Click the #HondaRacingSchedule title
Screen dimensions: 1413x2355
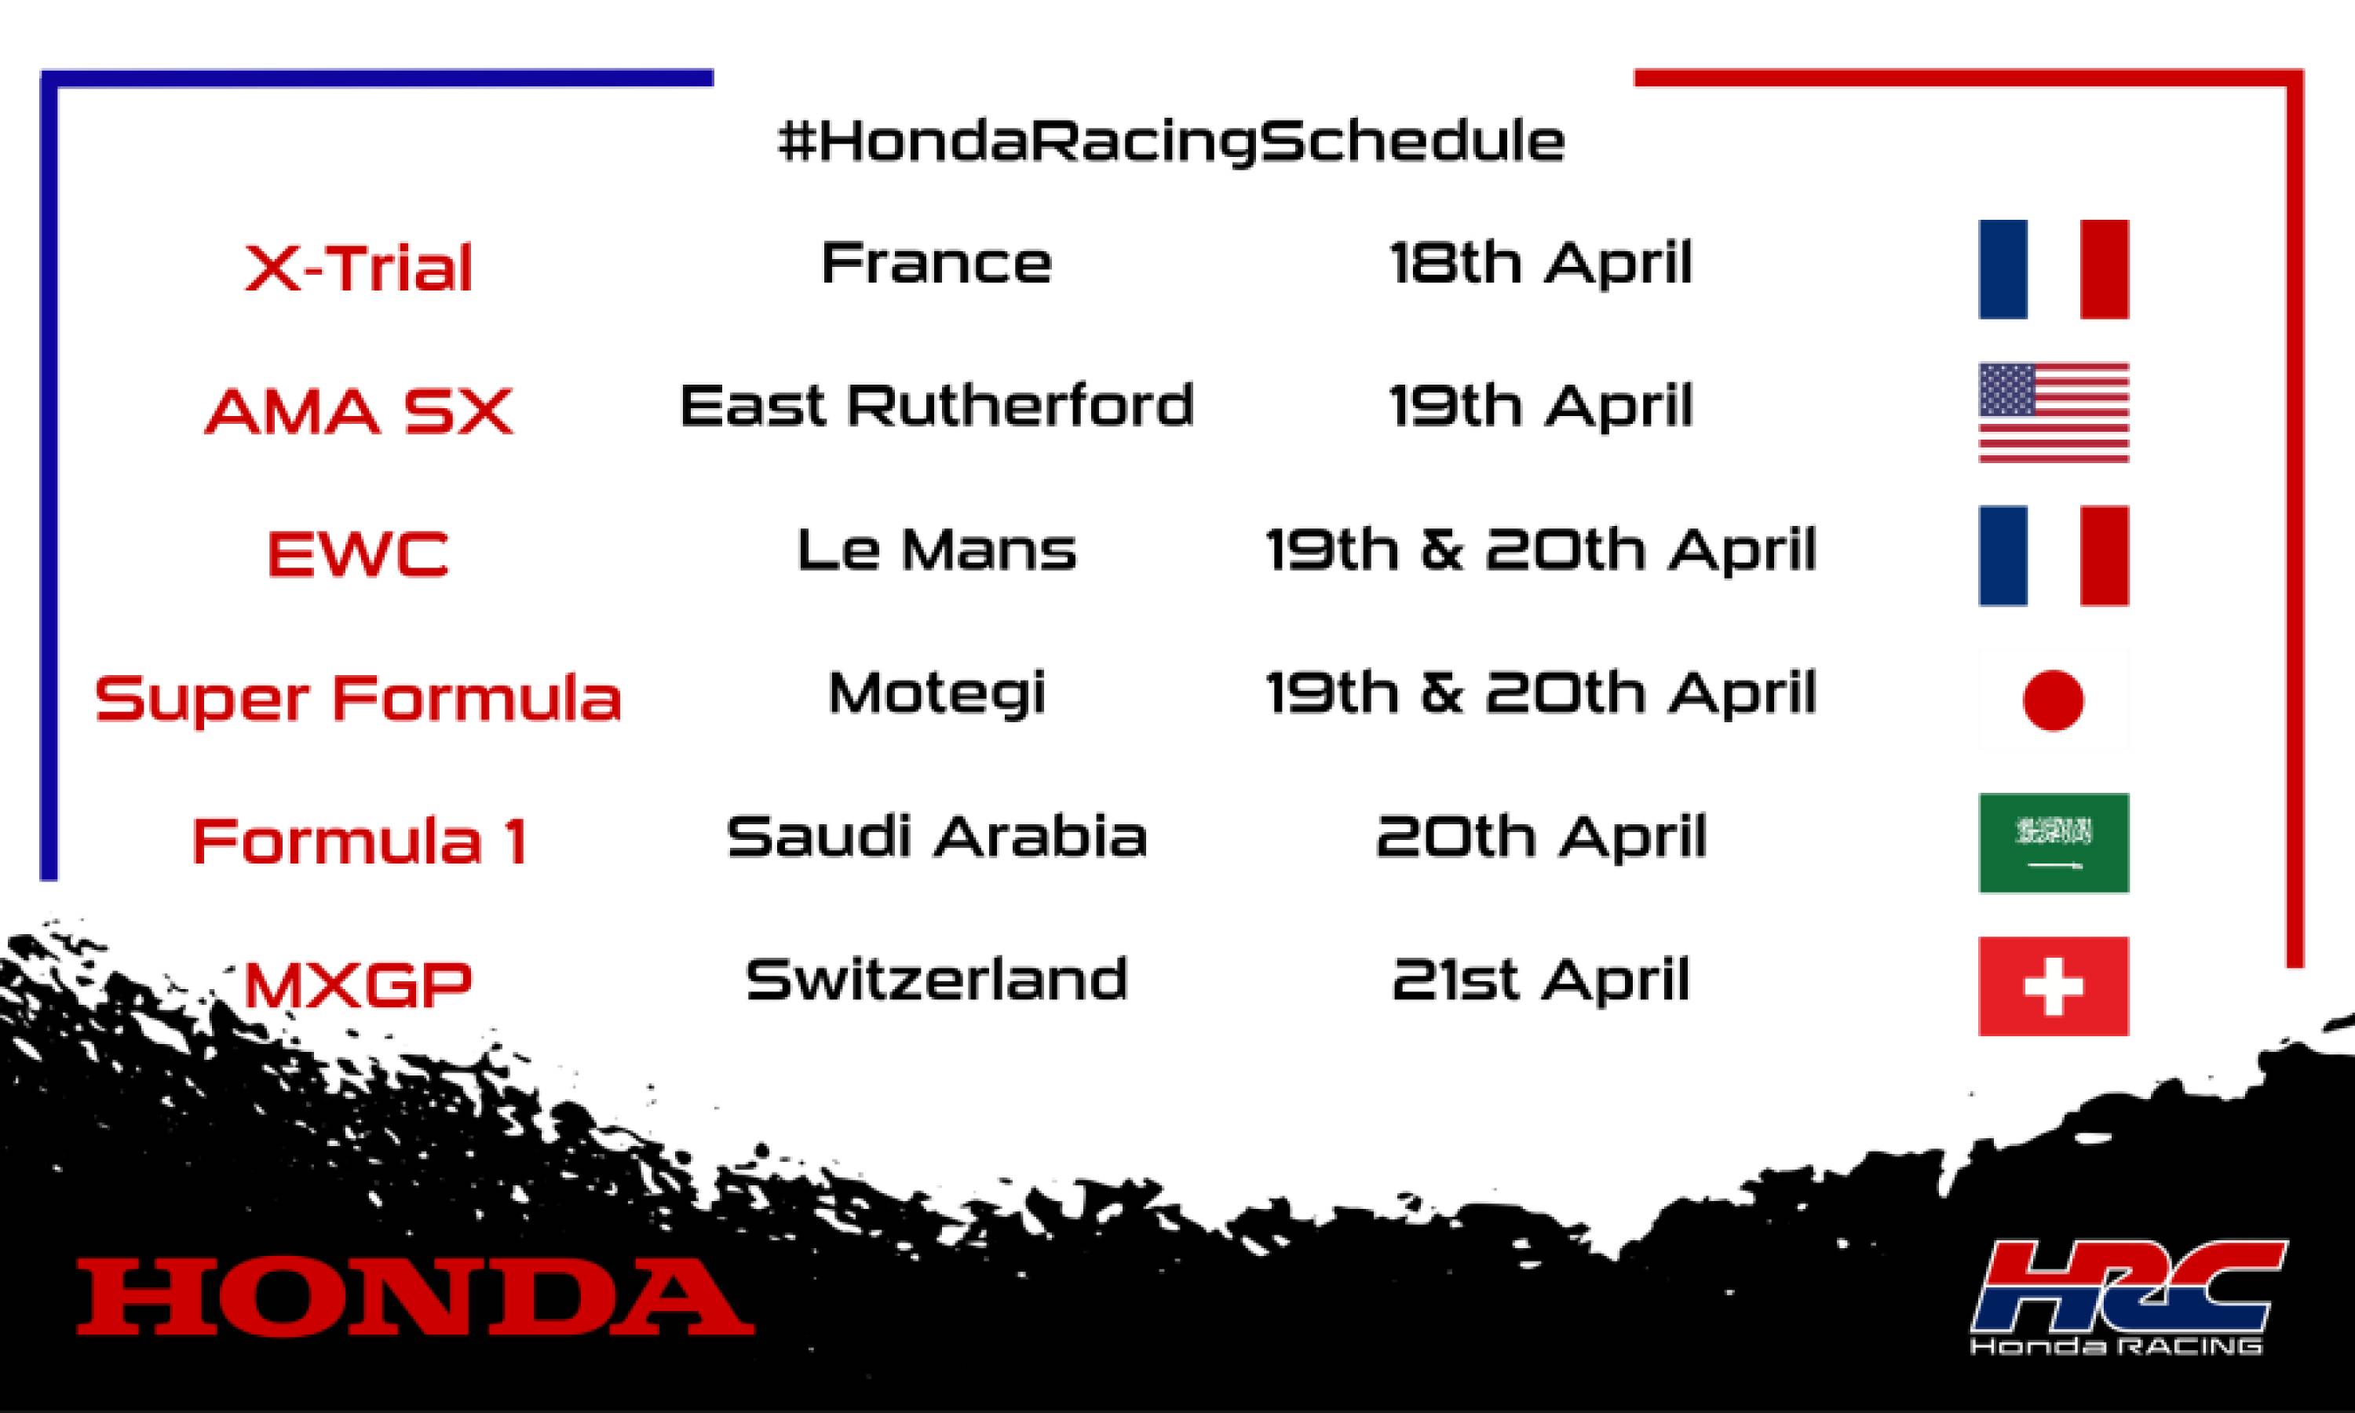click(x=1171, y=142)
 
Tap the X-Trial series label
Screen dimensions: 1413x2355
click(x=359, y=268)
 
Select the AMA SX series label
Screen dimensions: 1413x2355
click(x=359, y=411)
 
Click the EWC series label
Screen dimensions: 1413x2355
click(x=358, y=553)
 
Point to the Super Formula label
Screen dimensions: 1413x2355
click(x=358, y=698)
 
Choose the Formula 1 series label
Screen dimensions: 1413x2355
click(x=360, y=841)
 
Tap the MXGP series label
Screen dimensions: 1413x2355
click(x=359, y=984)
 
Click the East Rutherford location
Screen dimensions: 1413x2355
click(x=937, y=406)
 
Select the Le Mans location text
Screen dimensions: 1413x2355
click(x=937, y=550)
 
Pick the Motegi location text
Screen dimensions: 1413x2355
click(x=937, y=694)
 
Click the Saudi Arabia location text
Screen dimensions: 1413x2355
click(x=937, y=836)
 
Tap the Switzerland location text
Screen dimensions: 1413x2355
click(x=937, y=980)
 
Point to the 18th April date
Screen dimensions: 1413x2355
click(x=1541, y=263)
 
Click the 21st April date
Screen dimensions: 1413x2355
click(x=1541, y=980)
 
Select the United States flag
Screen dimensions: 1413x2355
click(x=2054, y=412)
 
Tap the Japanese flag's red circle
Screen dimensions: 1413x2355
click(x=2054, y=700)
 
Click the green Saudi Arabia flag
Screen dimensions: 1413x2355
click(x=2054, y=842)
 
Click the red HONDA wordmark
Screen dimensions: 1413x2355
click(x=415, y=1296)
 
